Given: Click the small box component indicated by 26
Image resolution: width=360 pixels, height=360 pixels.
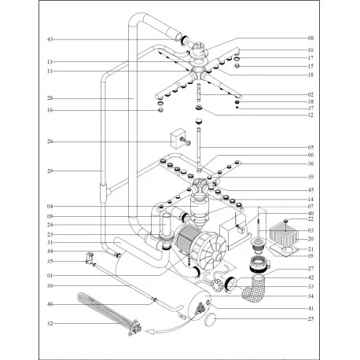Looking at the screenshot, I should [x=171, y=140].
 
